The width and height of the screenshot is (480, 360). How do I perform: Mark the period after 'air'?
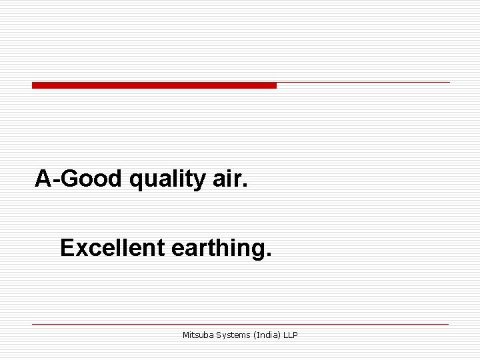(x=245, y=185)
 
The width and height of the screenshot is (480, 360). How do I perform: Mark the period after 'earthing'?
(x=269, y=255)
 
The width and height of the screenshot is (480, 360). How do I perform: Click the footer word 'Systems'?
(x=233, y=335)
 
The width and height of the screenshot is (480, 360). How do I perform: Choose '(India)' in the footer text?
(x=267, y=335)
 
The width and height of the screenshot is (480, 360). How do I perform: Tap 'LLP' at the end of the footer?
(x=291, y=335)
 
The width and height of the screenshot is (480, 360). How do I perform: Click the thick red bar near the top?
(x=154, y=85)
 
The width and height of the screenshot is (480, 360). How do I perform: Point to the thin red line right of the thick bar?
(x=363, y=83)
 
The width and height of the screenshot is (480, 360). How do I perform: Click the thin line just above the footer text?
(x=240, y=324)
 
